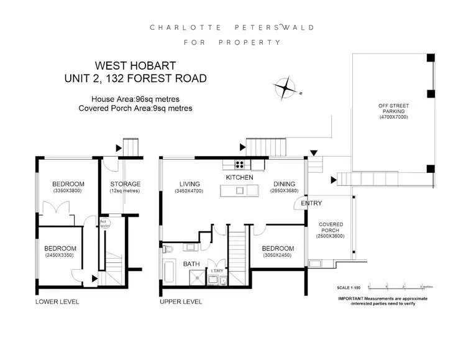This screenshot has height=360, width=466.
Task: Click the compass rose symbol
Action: (x=287, y=88)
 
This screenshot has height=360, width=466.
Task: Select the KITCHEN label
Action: (x=239, y=178)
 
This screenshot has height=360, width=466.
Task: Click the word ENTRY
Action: (x=311, y=203)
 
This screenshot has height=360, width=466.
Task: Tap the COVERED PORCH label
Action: (x=330, y=228)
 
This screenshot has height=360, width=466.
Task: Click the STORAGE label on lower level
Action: (x=125, y=184)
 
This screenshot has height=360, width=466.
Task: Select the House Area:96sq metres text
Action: (x=135, y=99)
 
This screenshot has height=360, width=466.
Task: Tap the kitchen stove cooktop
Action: (x=239, y=164)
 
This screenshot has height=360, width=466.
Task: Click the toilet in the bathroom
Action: (x=170, y=248)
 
